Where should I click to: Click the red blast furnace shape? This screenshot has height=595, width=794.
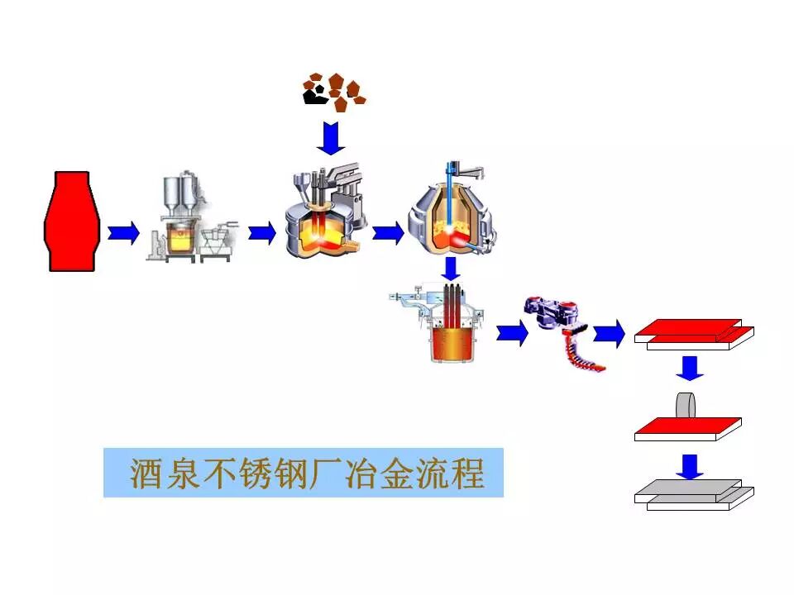pos(70,221)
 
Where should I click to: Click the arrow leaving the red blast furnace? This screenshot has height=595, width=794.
pos(124,232)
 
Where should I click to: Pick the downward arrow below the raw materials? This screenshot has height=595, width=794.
pos(332,137)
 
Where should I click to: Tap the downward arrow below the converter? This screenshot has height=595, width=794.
pos(451,268)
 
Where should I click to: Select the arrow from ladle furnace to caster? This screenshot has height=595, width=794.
pos(512,333)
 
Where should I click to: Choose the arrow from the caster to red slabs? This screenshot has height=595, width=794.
pos(610,333)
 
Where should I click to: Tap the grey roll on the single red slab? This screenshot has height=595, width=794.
pos(687,406)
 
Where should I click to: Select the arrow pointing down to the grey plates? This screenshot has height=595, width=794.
pos(688,466)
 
